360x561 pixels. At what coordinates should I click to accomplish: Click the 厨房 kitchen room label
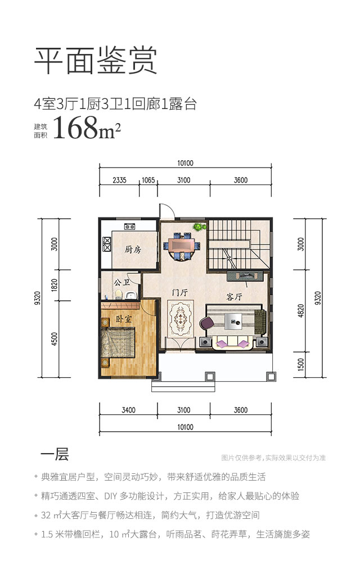133,249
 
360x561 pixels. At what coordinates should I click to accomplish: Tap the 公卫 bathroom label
121,283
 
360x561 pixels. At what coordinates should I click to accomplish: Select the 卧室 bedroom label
124,318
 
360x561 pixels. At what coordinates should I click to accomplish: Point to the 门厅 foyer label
180,292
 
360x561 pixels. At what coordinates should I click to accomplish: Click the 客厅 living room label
235,297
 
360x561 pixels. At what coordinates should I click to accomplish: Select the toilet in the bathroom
119,295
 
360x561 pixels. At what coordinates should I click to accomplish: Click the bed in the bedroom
118,342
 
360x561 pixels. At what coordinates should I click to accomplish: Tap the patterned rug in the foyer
181,318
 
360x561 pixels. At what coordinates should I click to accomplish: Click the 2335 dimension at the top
119,180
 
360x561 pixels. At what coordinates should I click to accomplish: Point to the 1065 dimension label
148,180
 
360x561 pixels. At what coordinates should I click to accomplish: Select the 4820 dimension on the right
300,310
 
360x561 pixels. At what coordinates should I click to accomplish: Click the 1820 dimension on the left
55,285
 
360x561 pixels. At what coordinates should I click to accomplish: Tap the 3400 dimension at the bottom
128,410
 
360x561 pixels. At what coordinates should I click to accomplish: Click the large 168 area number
75,128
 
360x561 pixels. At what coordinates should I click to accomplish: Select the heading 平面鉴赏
96,61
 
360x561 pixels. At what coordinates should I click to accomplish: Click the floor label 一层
55,454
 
